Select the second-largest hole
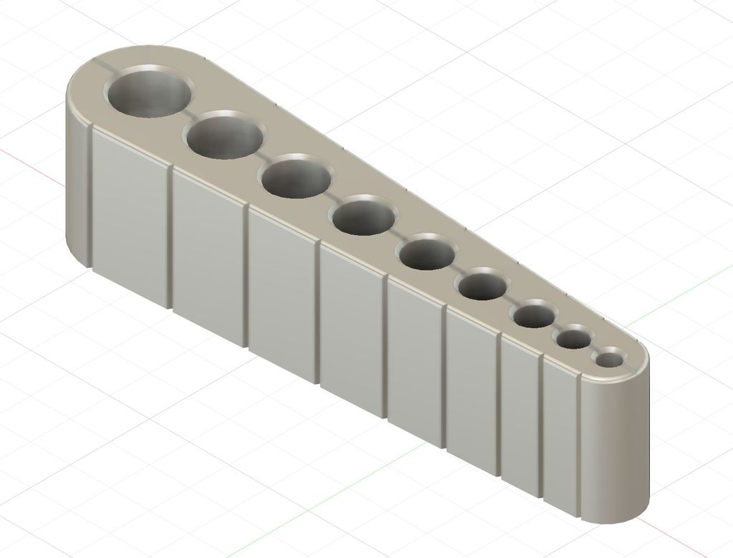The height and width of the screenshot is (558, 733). point(224,135)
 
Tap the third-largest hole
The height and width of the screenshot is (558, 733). point(296,177)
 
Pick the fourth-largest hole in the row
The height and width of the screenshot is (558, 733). point(364,218)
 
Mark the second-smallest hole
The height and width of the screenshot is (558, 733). point(576,338)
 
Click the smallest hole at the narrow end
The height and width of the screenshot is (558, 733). point(610,358)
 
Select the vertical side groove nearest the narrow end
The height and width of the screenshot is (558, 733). point(578,444)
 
